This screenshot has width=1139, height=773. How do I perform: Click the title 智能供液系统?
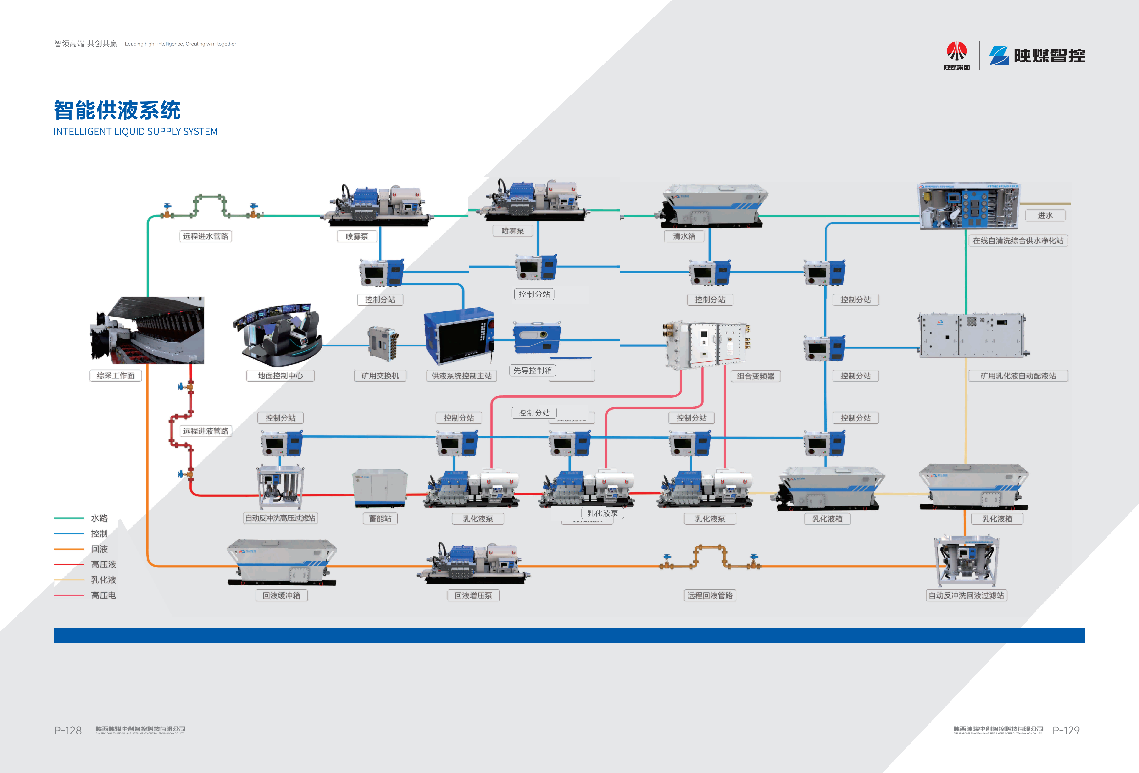tap(117, 110)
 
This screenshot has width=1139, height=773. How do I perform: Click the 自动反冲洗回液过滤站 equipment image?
tap(966, 560)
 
